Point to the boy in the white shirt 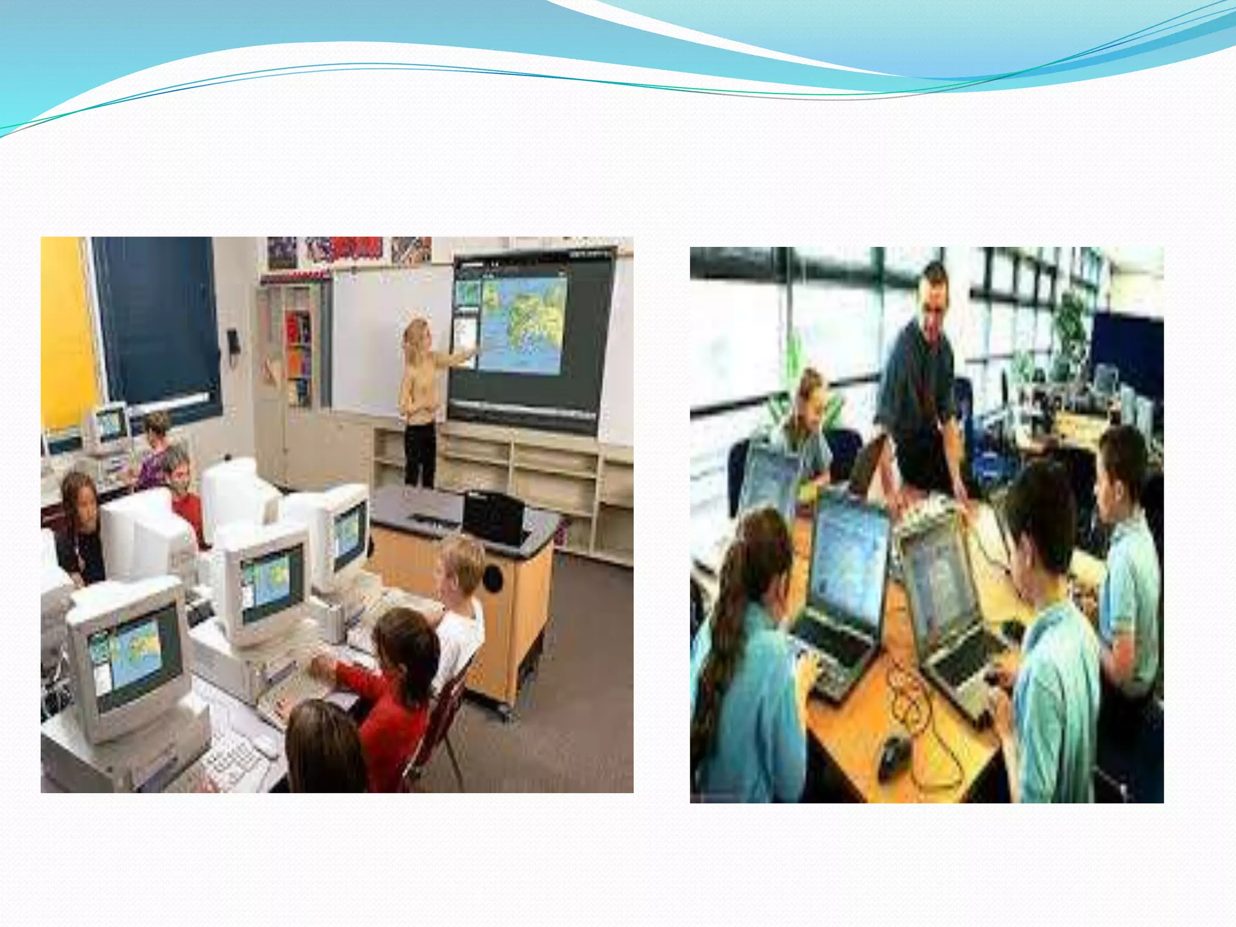pyautogui.click(x=460, y=610)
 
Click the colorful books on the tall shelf pyautogui.click(x=298, y=356)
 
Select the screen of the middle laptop pyautogui.click(x=851, y=561)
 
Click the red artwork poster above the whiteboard pyautogui.click(x=356, y=247)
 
